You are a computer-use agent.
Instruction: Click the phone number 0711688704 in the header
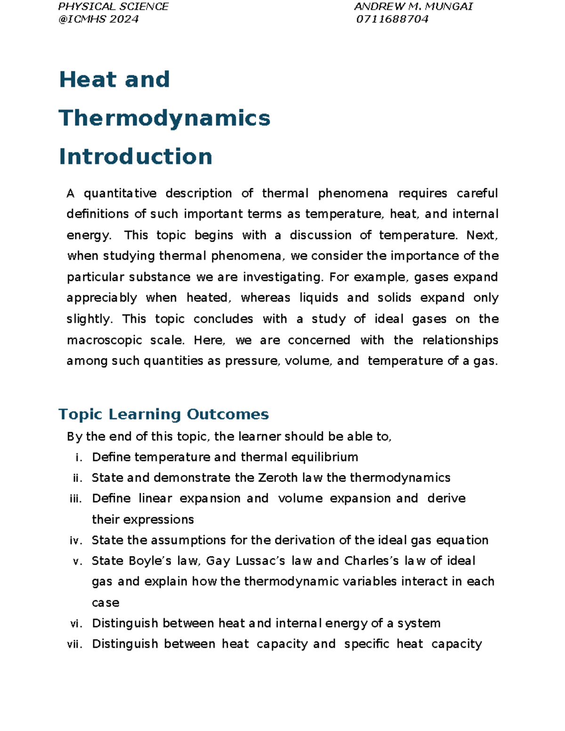(392, 19)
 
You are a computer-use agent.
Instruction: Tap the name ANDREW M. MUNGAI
(413, 7)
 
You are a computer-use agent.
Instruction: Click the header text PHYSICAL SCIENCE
(113, 7)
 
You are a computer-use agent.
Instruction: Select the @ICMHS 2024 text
(98, 19)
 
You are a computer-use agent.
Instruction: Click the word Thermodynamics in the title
(164, 118)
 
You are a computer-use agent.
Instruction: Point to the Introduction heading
(136, 157)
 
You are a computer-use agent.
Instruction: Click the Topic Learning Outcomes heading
(163, 414)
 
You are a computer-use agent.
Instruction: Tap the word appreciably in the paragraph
(102, 298)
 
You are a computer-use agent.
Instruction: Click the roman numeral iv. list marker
(76, 540)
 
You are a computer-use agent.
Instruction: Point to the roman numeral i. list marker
(79, 458)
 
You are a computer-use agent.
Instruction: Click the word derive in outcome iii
(446, 498)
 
